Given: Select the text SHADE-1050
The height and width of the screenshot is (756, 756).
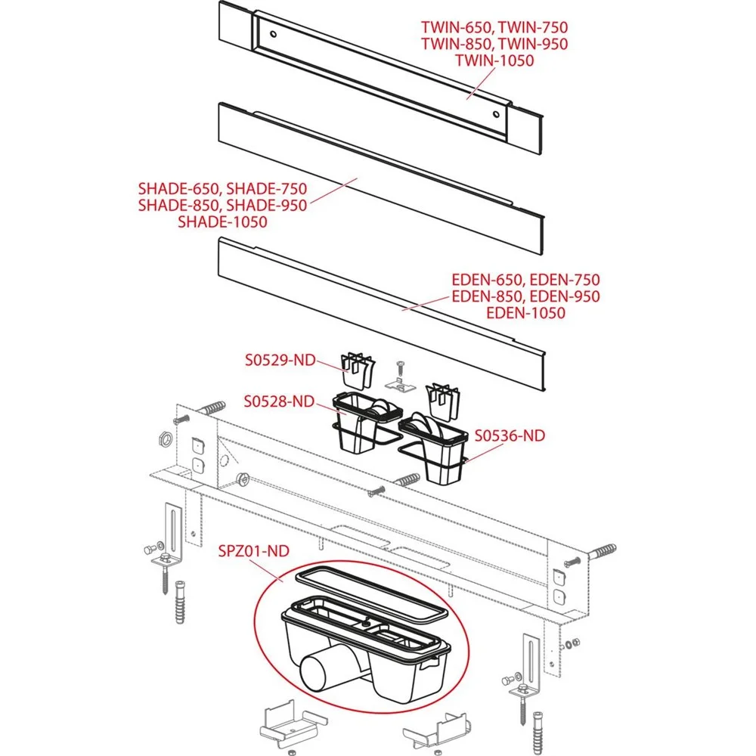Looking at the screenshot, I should (x=222, y=222).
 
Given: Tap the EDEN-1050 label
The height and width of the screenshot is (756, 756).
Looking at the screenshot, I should (x=525, y=313).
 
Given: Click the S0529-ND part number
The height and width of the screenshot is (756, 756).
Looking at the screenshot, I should (x=278, y=361).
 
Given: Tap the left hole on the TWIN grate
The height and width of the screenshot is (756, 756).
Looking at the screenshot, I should (x=273, y=35).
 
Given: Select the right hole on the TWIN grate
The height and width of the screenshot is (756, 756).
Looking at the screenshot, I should (x=495, y=114).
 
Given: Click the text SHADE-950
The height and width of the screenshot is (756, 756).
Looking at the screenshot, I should (x=267, y=205).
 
